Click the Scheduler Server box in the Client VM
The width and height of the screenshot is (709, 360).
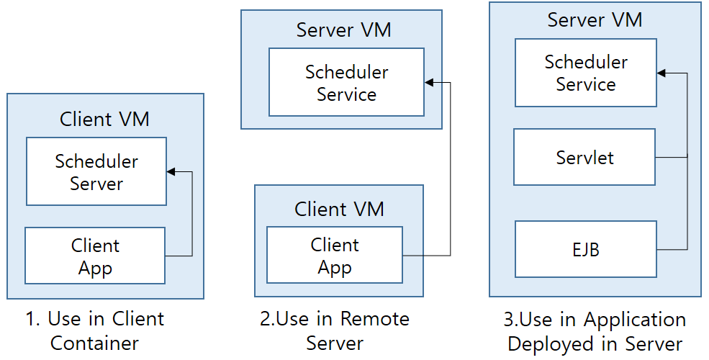96,172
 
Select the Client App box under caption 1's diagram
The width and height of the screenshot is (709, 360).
95,256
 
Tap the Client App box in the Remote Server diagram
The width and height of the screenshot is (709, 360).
335,256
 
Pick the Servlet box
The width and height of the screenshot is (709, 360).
584,157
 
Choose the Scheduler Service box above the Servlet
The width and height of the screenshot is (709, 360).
586,73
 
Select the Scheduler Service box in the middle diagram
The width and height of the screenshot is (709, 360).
346,83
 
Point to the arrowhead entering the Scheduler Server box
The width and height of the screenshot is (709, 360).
171,172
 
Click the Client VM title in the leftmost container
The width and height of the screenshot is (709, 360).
104,119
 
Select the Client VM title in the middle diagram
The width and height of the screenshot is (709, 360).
339,210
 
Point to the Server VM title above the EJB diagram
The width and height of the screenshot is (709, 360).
595,19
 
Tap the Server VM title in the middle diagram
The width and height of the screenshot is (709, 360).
344,30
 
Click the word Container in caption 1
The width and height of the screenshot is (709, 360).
94,343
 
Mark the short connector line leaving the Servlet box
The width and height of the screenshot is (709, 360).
672,157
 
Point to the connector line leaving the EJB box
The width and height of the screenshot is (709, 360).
672,250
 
